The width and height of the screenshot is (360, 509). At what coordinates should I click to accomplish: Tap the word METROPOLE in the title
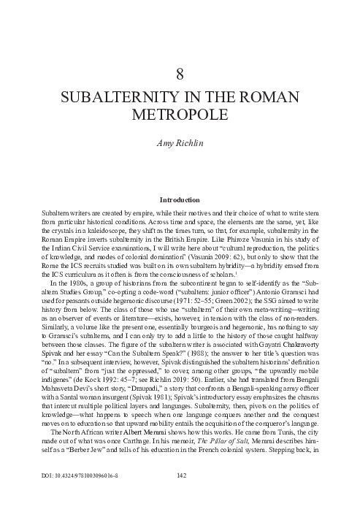[180, 114]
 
